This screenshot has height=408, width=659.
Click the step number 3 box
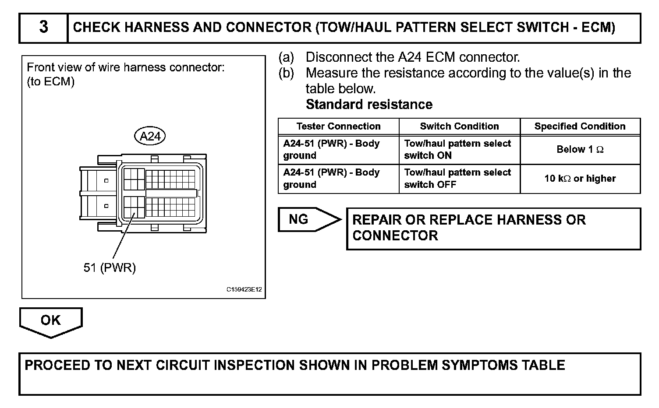(x=43, y=28)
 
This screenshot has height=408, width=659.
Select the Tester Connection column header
(x=338, y=127)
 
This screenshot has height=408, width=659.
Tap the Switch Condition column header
(x=459, y=127)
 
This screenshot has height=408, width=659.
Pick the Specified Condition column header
(x=580, y=127)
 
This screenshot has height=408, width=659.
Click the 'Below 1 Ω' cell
(x=580, y=150)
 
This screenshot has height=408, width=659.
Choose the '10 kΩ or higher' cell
(x=580, y=179)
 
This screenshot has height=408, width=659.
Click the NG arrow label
(x=299, y=219)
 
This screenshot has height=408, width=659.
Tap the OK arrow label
(x=50, y=320)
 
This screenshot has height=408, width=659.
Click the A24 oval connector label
(x=150, y=136)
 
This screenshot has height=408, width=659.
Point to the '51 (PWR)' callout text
(x=110, y=267)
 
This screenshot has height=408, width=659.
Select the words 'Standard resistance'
(x=369, y=105)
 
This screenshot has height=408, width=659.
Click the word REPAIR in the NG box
(x=378, y=220)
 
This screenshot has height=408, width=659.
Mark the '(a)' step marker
(x=286, y=57)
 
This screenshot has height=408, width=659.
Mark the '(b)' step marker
(x=286, y=73)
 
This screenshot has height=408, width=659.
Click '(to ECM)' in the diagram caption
(x=51, y=82)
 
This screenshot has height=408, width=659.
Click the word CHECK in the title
(x=96, y=28)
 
